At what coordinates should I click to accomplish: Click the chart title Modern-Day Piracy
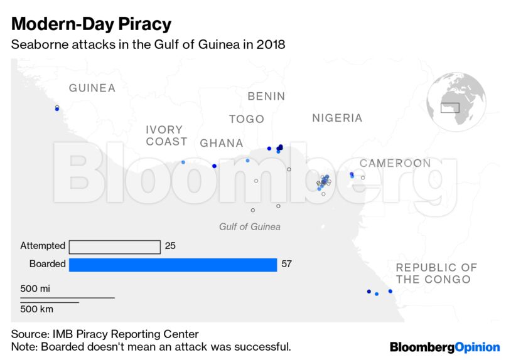[x=91, y=24]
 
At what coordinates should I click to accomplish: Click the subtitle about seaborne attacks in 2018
[x=148, y=45]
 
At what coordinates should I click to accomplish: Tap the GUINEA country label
[x=92, y=88]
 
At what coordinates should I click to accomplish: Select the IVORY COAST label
[x=166, y=135]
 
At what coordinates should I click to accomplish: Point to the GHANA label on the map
[x=221, y=144]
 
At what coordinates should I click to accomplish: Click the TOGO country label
[x=246, y=119]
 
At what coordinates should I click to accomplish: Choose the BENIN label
[x=266, y=97]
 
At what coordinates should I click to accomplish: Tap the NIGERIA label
[x=337, y=118]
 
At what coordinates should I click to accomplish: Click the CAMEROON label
[x=395, y=163]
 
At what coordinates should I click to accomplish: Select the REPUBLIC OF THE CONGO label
[x=436, y=273]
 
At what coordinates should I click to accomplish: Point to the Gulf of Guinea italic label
[x=249, y=226]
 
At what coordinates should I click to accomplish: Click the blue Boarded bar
[x=173, y=265]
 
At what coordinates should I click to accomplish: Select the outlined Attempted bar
[x=114, y=246]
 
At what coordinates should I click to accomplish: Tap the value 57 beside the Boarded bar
[x=286, y=264]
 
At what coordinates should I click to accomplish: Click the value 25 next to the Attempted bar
[x=170, y=246]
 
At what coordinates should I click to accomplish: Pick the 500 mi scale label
[x=35, y=289]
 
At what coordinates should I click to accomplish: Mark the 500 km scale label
[x=36, y=309]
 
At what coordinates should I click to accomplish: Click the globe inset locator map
[x=456, y=102]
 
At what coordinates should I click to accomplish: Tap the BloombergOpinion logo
[x=444, y=347]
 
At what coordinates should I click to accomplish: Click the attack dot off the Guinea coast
[x=57, y=109]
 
